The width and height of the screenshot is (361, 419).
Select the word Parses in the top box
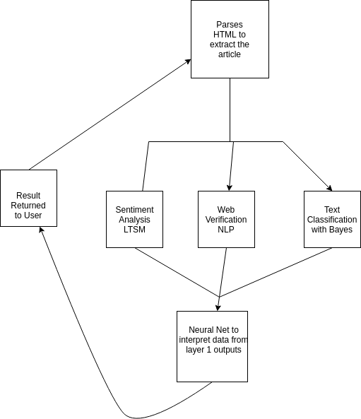tap(230, 25)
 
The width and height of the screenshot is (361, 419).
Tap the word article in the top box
tap(230, 54)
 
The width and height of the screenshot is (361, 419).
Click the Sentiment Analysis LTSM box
tap(134, 219)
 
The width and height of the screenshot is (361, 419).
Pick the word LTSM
tap(134, 230)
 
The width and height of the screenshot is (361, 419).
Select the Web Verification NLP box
tap(226, 219)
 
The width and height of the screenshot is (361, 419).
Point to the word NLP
tap(226, 230)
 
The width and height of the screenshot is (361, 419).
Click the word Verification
tap(226, 220)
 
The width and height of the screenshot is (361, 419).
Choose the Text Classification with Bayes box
tap(332, 219)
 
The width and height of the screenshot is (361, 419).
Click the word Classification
tap(332, 220)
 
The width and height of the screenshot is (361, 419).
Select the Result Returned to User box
tap(28, 198)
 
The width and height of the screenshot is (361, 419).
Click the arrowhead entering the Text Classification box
tap(329, 188)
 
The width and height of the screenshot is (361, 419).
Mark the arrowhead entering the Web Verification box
tap(231, 187)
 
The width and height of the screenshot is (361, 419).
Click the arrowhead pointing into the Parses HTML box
tap(188, 61)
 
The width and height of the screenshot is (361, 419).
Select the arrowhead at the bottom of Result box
tap(41, 230)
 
